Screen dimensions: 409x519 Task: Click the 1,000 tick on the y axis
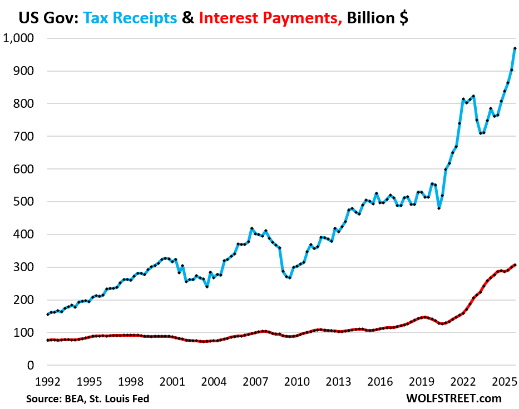click(x=19, y=38)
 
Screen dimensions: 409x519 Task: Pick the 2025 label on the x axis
click(x=505, y=382)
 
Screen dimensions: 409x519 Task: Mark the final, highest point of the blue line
click(x=515, y=48)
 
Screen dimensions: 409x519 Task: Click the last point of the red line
click(x=515, y=265)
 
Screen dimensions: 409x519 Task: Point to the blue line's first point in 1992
click(x=48, y=315)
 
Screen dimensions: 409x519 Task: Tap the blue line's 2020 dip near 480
click(x=439, y=208)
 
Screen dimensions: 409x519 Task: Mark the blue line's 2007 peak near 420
click(x=252, y=228)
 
